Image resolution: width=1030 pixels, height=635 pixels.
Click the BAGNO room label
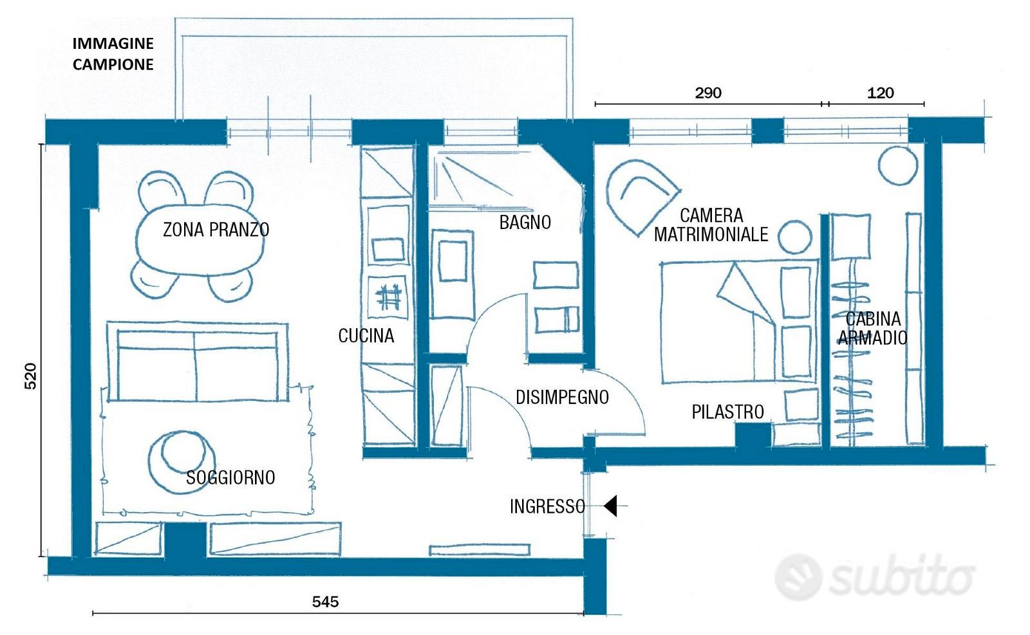[525, 223]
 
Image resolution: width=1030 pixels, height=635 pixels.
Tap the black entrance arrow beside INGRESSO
[610, 506]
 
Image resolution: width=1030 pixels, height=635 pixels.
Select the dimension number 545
[325, 602]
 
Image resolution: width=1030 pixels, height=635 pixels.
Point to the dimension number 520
[30, 376]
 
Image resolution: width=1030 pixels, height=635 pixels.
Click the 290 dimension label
[707, 93]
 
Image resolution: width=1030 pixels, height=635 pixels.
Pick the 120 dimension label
[880, 93]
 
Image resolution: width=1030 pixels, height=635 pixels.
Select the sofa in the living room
[196, 364]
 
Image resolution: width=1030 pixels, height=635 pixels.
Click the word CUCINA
[366, 335]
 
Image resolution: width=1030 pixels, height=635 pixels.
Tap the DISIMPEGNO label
[562, 397]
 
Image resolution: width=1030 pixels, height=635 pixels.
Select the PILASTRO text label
[727, 412]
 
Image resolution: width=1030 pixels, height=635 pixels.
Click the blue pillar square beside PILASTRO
[753, 435]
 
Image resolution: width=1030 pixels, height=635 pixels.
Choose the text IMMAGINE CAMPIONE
[113, 54]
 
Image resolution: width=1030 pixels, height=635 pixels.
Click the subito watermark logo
[876, 576]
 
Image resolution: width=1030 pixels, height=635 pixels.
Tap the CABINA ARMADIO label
[872, 328]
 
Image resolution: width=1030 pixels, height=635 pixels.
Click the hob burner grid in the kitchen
[389, 297]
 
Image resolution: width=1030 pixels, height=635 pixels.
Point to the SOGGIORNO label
[230, 477]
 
